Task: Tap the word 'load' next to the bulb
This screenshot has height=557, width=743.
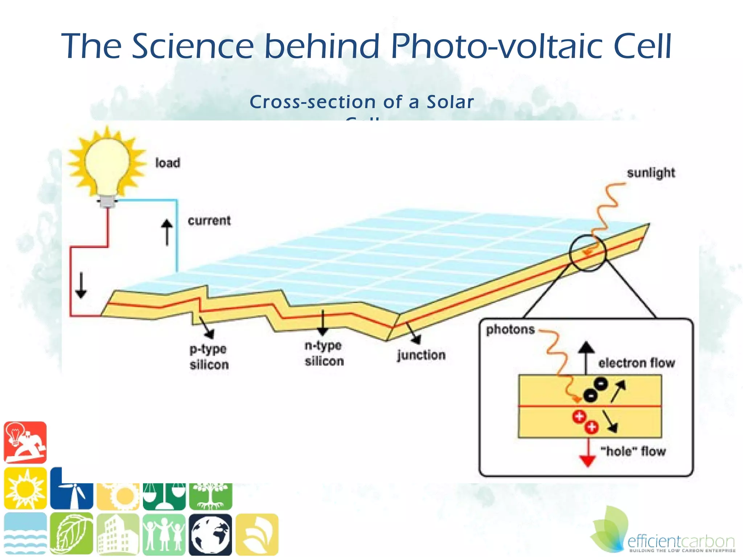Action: coord(168,163)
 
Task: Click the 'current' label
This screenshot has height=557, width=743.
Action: coord(209,220)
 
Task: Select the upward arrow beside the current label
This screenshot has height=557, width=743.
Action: coord(167,232)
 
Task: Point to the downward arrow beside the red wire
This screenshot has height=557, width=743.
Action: coord(81,285)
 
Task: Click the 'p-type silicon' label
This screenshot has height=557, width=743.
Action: coord(209,357)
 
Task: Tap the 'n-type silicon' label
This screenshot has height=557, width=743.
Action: coord(324,353)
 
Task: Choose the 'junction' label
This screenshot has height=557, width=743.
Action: coord(421,355)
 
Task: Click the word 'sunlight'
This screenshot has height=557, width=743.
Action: coord(651,173)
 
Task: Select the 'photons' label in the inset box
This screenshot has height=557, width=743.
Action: coord(510,330)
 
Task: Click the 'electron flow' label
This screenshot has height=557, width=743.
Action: coord(637,363)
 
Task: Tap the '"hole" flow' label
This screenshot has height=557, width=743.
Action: coord(633,451)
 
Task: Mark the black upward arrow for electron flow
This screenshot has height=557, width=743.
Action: coord(586,357)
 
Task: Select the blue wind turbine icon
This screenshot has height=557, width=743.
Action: coord(72,488)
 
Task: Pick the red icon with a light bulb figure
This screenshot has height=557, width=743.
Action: coord(25,442)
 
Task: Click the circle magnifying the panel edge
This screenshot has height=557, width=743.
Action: coord(587,253)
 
